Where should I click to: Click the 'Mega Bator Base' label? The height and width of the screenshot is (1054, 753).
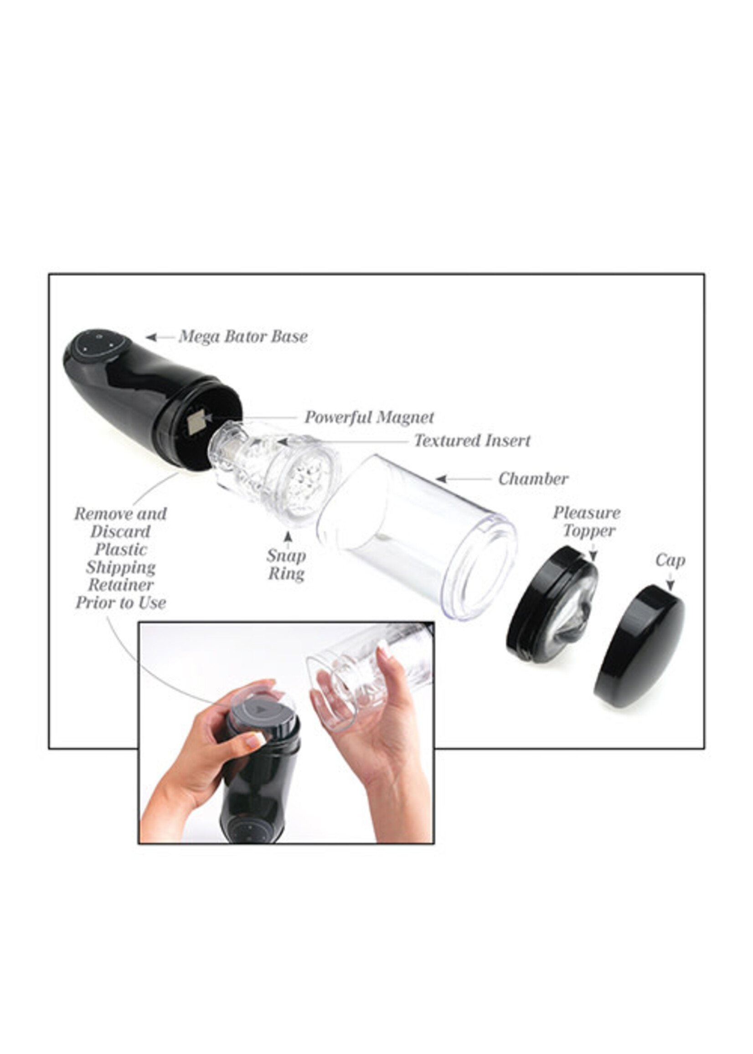coord(243,336)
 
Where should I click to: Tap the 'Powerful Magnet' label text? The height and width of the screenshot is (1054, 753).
coord(369,417)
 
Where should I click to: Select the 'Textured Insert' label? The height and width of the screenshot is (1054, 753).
coord(472,440)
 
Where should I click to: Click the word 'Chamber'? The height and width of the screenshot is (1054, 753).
coord(533,479)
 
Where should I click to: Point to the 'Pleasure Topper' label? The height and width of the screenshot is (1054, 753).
coord(587,522)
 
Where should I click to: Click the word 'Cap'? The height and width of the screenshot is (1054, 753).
coord(670,561)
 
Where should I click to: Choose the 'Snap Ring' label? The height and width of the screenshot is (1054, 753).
coord(286,565)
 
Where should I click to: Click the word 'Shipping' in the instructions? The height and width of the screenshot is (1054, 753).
coord(120,567)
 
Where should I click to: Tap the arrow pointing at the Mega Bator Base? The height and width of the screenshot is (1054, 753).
coord(160,337)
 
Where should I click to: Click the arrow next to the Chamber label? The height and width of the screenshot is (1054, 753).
coord(462,479)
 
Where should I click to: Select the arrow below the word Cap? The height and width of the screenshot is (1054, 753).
coord(670,582)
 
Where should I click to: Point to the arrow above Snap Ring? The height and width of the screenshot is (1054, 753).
coord(288,540)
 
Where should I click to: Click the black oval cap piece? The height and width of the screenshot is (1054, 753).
coord(639,646)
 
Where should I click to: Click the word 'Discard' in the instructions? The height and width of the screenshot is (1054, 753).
coord(120,532)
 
